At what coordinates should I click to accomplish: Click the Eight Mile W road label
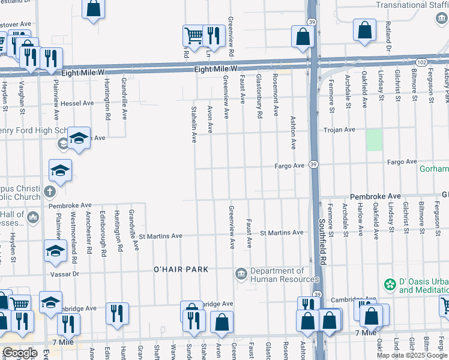216,70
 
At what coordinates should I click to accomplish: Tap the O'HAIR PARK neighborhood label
181,269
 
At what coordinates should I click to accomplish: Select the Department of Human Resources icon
241,274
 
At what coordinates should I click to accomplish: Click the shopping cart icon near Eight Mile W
193,35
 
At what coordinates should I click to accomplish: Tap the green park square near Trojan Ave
374,140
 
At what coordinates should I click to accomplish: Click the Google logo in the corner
19,352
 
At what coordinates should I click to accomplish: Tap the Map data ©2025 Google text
412,355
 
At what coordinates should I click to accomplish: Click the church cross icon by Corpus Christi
49,192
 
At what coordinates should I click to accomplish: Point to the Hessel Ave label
77,103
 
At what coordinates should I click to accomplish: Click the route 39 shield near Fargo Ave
313,164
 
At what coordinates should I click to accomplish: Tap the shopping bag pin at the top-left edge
93,8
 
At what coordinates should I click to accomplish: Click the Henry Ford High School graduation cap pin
78,138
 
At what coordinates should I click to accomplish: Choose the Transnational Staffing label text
412,5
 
